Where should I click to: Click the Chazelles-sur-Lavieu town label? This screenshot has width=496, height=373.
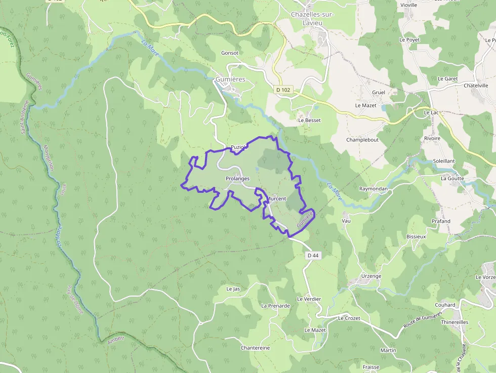coord(312,18)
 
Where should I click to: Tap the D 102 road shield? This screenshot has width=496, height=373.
coord(283,90)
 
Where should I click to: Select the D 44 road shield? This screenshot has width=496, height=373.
coord(313,256)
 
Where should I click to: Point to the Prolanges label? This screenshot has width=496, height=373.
coord(237,179)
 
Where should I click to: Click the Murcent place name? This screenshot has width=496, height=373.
coord(277,199)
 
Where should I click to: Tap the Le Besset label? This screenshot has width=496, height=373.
coord(309,120)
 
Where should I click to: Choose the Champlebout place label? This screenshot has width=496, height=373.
coord(362,140)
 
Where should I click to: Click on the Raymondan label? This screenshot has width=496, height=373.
coord(373,189)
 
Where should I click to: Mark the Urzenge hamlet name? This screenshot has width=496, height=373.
coord(371,276)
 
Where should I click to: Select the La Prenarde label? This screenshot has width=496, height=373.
coord(275,306)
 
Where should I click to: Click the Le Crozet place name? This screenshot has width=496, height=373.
coord(349,318)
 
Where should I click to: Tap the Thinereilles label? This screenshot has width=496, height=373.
coord(454,322)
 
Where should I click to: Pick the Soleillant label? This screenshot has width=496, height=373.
coord(444,161)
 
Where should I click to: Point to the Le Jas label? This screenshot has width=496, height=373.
coord(233,289)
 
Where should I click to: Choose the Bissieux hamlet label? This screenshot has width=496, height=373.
coord(416,236)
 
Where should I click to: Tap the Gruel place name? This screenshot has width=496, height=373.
coord(379,93)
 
